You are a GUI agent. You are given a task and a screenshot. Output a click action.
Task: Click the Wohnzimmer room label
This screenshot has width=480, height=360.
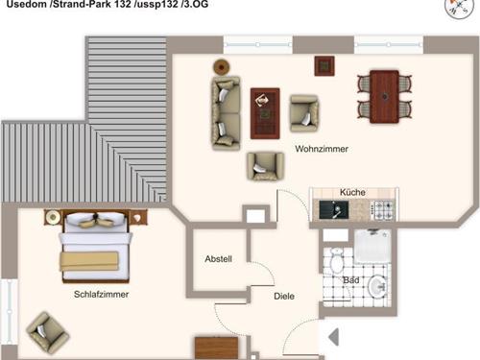click(322, 149)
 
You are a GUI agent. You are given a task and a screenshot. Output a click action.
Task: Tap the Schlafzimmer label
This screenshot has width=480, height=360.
click(101, 295)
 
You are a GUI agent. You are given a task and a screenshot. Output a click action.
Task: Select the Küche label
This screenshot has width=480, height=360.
click(352, 192)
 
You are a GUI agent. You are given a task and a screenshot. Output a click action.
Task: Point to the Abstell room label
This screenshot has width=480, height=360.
click(218, 259)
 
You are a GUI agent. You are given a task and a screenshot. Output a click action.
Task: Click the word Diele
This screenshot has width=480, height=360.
click(284, 296)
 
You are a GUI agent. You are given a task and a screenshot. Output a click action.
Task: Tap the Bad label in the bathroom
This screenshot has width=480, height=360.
click(351, 280)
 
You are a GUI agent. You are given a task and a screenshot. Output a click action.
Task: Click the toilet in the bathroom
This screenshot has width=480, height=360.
click(336, 260)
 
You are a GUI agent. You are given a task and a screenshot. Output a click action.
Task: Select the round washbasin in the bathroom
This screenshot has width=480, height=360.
click(377, 287)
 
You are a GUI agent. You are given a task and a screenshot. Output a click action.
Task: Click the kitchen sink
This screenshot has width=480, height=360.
click(334, 210)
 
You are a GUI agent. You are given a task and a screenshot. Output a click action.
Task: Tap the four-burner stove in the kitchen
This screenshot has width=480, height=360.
click(383, 210)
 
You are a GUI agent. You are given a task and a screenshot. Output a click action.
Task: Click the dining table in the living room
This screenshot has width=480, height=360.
click(384, 97)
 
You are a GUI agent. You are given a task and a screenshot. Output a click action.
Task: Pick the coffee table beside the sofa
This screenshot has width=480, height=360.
click(265, 113)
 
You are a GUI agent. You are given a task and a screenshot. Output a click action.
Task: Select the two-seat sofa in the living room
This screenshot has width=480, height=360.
click(226, 113)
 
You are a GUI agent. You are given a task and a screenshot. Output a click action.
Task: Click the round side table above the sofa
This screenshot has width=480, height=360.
click(221, 67)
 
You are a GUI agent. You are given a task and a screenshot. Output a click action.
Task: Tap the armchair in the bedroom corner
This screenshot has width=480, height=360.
click(47, 333)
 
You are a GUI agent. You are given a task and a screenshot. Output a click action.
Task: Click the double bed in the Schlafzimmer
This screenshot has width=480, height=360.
click(96, 245)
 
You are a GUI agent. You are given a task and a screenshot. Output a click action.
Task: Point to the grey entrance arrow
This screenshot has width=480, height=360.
click(334, 337)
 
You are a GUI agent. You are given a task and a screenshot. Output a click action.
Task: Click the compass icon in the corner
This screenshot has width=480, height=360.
click(459, 7)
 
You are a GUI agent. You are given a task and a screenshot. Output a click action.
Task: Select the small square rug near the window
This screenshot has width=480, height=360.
click(324, 66)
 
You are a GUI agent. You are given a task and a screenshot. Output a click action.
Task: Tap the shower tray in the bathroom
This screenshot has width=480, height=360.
click(372, 247)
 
